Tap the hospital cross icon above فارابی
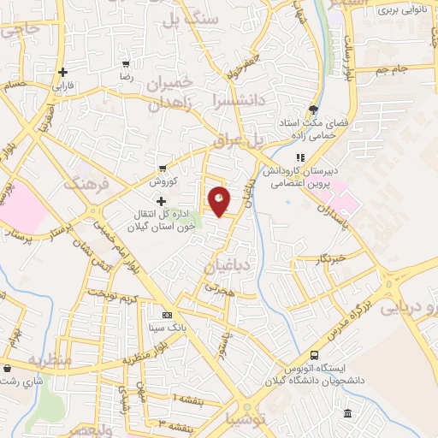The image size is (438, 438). click(62, 73)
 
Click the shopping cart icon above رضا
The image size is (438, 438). click(127, 64)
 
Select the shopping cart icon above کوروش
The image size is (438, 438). click(162, 169)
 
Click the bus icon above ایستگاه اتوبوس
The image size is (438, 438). click(315, 354)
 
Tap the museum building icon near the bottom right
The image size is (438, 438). click(346, 415)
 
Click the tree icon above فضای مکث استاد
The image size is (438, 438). click(314, 109)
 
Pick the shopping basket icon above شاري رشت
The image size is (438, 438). click(7, 369)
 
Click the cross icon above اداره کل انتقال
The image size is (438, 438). click(162, 202)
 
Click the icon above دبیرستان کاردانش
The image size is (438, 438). click(300, 157)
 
